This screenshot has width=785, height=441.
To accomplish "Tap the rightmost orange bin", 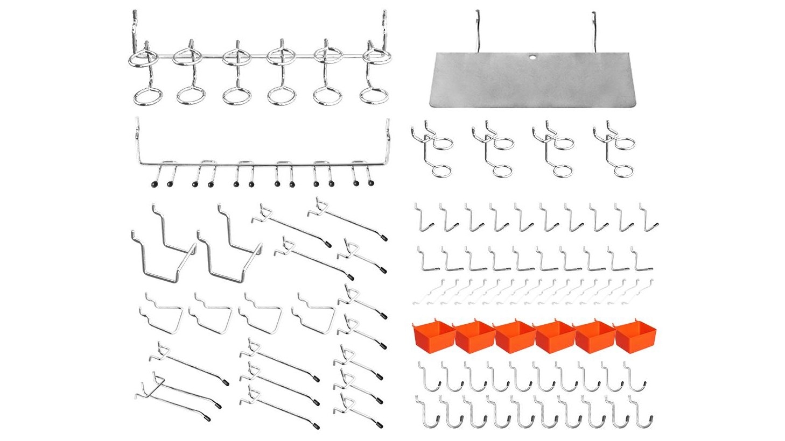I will click(633, 337).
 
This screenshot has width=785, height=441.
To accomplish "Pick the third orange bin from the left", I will click(514, 337).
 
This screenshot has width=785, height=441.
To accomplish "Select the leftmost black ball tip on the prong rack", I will click(153, 184).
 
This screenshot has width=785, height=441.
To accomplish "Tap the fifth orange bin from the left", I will click(594, 337).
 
